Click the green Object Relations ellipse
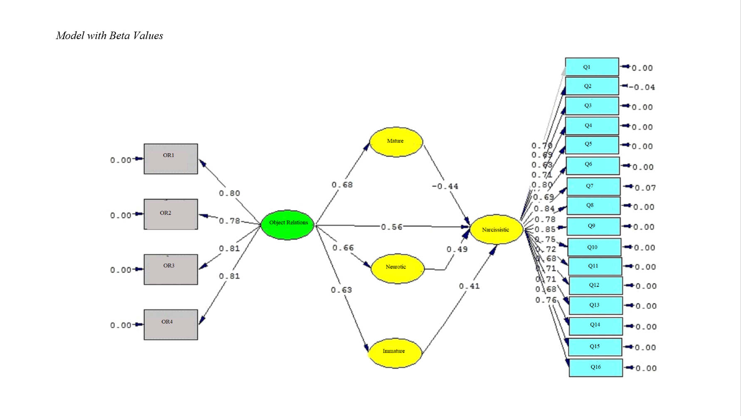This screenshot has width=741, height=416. click(x=288, y=225)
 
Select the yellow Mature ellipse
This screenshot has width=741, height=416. click(x=396, y=142)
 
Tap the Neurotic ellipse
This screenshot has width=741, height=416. click(x=396, y=268)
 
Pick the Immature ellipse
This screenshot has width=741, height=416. click(x=394, y=353)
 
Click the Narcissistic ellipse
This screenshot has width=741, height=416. click(x=496, y=229)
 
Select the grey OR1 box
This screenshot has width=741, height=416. click(x=170, y=159)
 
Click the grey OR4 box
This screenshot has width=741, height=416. click(x=170, y=324)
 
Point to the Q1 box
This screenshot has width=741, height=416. click(x=592, y=67)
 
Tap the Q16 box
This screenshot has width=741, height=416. click(x=595, y=368)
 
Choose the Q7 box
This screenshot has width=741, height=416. click(x=593, y=186)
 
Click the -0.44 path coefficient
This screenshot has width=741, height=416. click(x=445, y=186)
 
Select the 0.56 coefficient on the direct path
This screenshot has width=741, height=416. click(x=392, y=227)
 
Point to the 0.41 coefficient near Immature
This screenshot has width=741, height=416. click(x=469, y=286)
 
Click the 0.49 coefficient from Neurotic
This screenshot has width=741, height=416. click(x=457, y=249)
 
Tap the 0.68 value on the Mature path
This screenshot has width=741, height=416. click(x=342, y=185)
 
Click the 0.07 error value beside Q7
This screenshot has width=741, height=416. click(x=645, y=188)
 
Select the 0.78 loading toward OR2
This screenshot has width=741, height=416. click(x=230, y=221)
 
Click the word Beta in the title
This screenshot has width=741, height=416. click(x=120, y=36)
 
